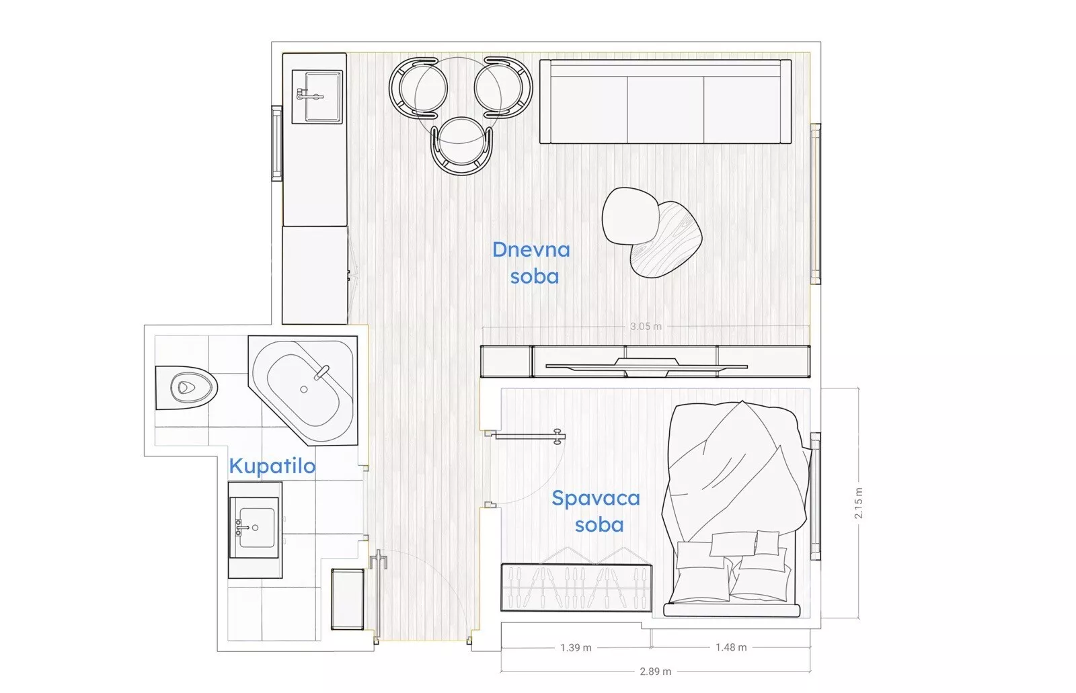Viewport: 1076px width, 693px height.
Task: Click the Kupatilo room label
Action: pos(272,466)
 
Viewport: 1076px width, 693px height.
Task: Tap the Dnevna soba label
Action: pos(532,263)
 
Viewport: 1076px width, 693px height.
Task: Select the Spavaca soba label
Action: pos(596,511)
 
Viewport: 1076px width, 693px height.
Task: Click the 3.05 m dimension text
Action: pos(646,327)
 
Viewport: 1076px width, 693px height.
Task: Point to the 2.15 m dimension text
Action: pos(858,503)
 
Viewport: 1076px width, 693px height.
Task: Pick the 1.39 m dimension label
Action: pos(576,648)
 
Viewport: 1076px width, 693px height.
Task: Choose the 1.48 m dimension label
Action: pos(731,647)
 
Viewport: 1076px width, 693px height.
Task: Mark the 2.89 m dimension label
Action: pos(655,671)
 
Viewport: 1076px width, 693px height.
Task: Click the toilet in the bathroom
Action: pos(186,388)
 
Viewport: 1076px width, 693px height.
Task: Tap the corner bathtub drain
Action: pos(303,389)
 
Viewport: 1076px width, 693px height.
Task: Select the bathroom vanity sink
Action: pos(254,528)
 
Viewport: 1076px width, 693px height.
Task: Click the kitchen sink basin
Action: pos(323,96)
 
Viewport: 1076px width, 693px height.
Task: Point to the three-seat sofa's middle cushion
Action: pos(665,110)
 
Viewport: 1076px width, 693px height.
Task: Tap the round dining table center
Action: pos(458,100)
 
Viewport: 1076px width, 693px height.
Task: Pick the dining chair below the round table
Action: pos(461,146)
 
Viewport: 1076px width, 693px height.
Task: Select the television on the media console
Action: pos(646,366)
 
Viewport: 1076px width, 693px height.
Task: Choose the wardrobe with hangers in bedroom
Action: pos(576,587)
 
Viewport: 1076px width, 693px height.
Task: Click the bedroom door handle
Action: pos(558,436)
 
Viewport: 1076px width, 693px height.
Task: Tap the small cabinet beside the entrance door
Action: pos(347,599)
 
